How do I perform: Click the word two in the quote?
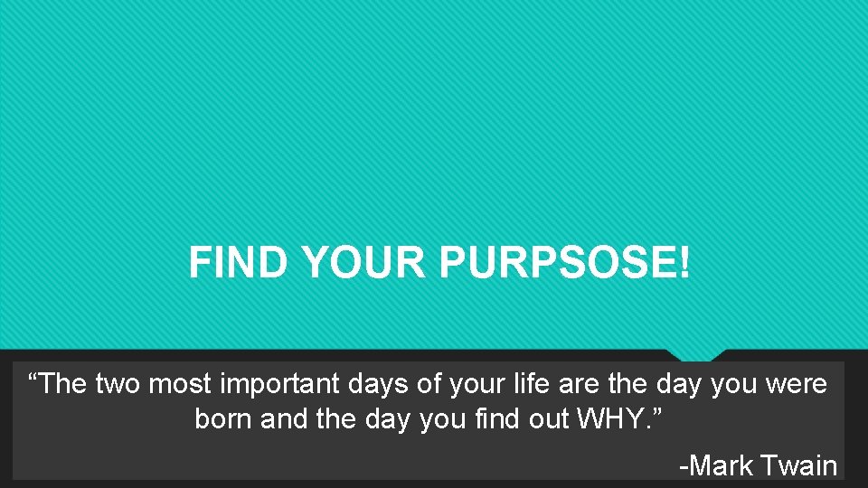118,384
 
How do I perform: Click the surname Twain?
799,465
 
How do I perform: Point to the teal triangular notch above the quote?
696,354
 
